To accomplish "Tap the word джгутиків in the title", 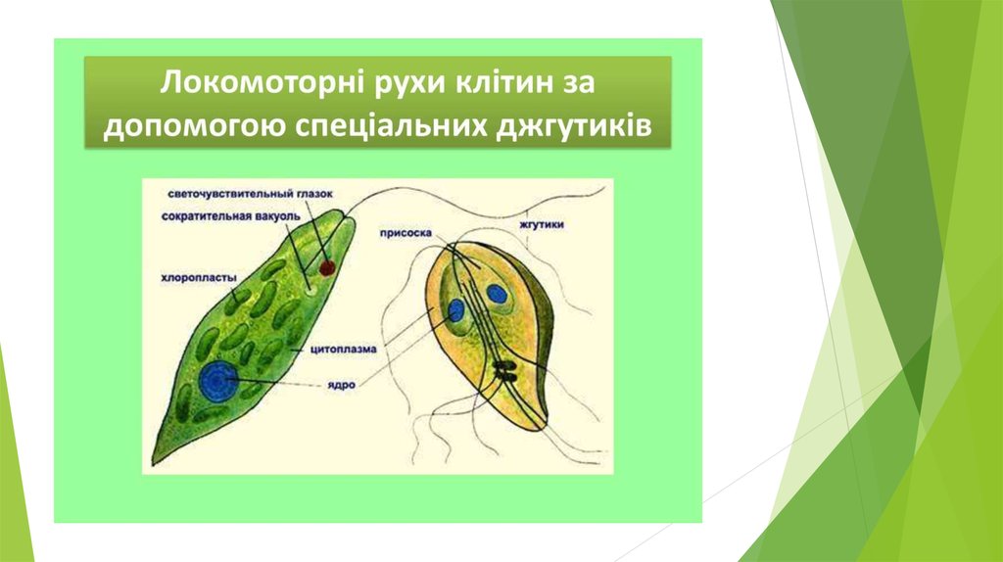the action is (x=573, y=125).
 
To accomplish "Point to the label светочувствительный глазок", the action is (x=250, y=194).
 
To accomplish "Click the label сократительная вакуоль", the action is (x=230, y=216).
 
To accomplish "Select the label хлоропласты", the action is (x=199, y=278).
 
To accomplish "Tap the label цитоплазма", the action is (x=344, y=350).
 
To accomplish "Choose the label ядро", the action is (x=342, y=385).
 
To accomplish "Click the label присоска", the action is (x=406, y=233).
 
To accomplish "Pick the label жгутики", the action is (x=542, y=225).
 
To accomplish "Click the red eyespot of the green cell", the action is (x=327, y=267).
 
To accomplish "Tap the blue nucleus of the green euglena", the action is (x=218, y=381).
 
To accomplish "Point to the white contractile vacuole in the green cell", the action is (x=311, y=290).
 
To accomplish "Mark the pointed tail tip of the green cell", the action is (x=153, y=463).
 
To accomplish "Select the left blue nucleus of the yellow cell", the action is (x=456, y=310).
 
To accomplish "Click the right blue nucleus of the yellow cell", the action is (x=497, y=294).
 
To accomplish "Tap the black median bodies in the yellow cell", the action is (x=505, y=371).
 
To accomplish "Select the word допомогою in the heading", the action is (x=195, y=126).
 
